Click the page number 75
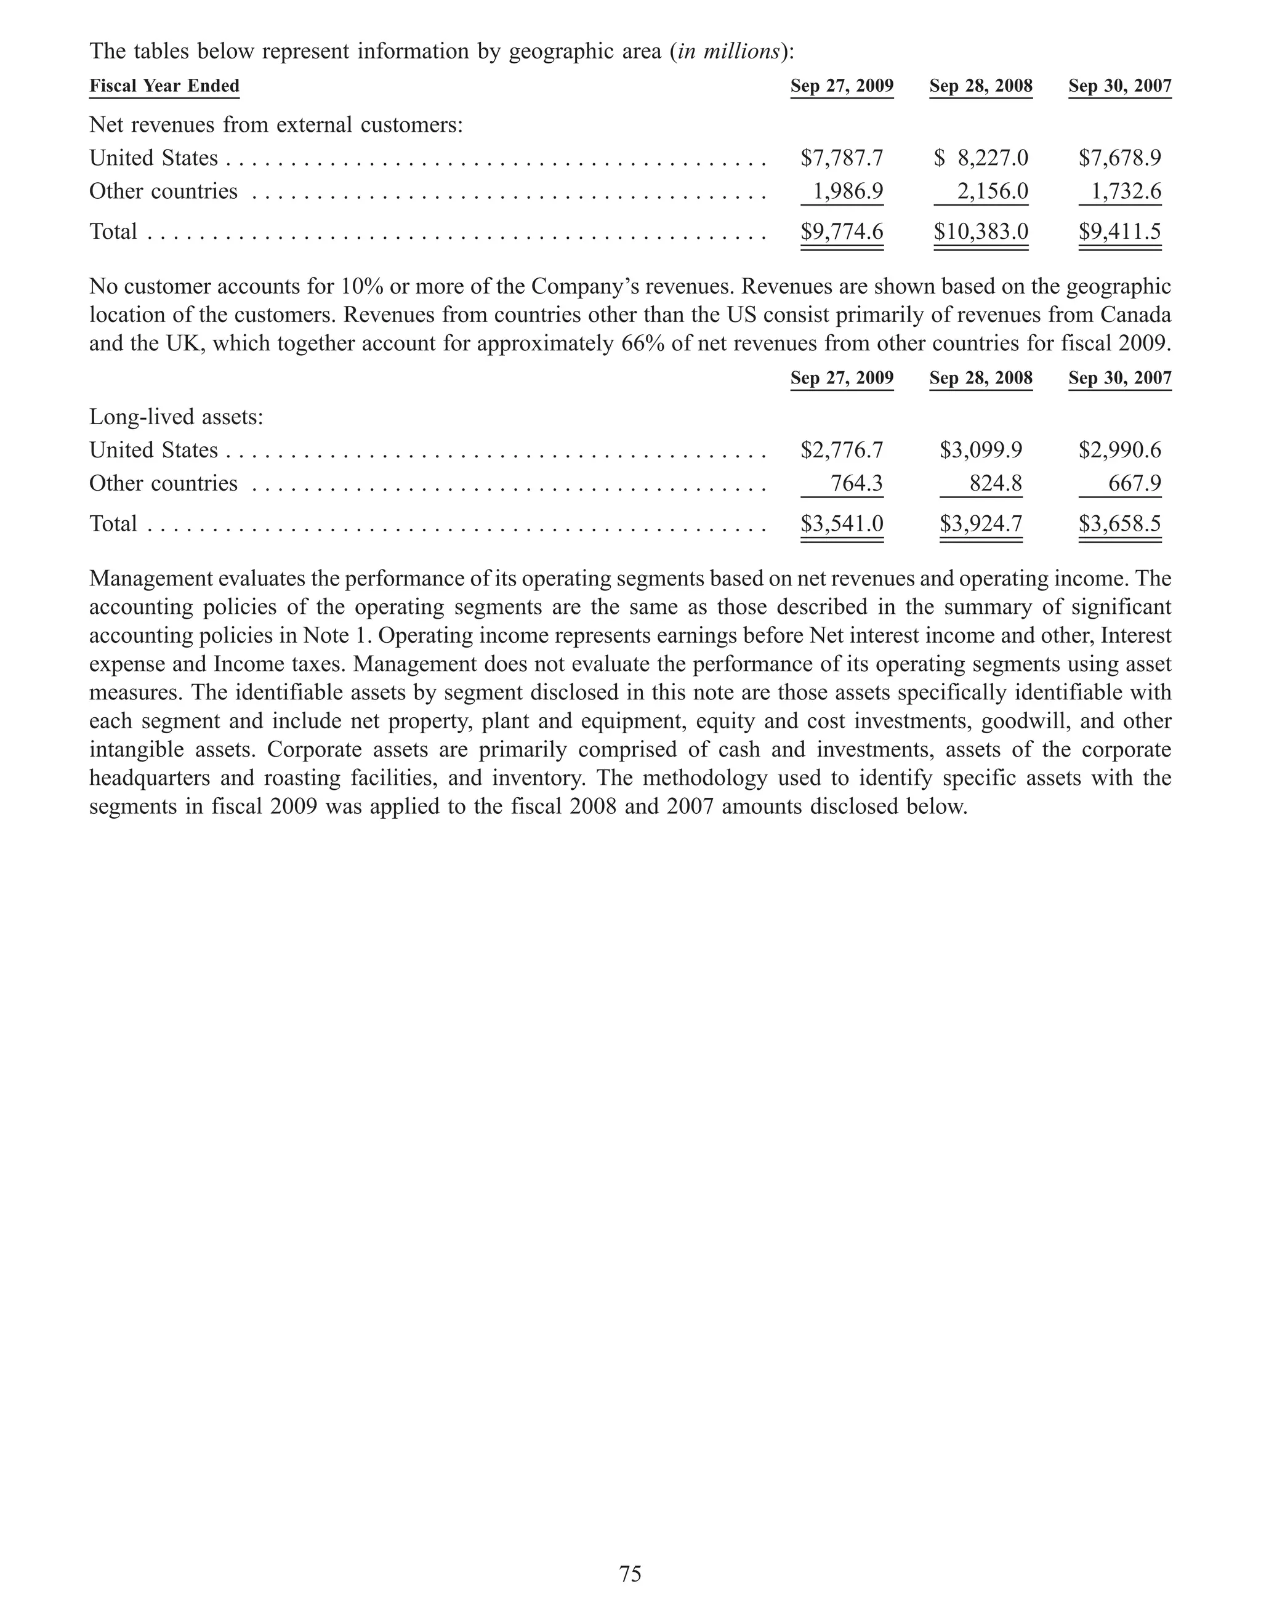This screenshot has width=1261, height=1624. [630, 1574]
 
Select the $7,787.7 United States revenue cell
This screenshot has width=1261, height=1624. [841, 158]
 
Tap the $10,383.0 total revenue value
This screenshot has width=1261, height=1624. [981, 231]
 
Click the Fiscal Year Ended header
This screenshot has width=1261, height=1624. [164, 86]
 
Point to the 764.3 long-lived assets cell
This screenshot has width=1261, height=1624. [856, 483]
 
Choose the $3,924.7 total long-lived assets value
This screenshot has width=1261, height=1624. [981, 523]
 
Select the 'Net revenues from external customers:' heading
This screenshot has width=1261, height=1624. [276, 125]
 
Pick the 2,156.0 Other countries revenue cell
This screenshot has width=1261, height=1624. [993, 192]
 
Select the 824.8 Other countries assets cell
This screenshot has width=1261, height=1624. [995, 483]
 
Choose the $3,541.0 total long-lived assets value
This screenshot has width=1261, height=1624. [841, 523]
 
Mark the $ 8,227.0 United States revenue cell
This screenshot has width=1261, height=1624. [981, 158]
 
